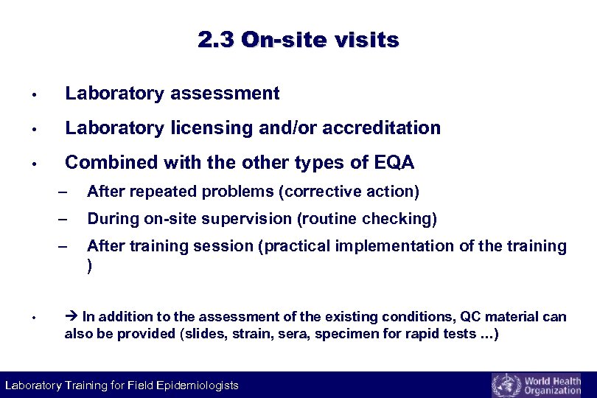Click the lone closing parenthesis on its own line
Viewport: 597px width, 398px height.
click(x=90, y=267)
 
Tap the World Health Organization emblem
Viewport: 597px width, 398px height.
click(x=505, y=385)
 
